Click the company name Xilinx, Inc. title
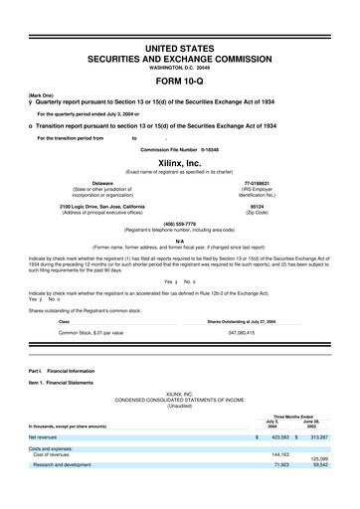(x=180, y=160)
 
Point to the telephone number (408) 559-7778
(x=180, y=225)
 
